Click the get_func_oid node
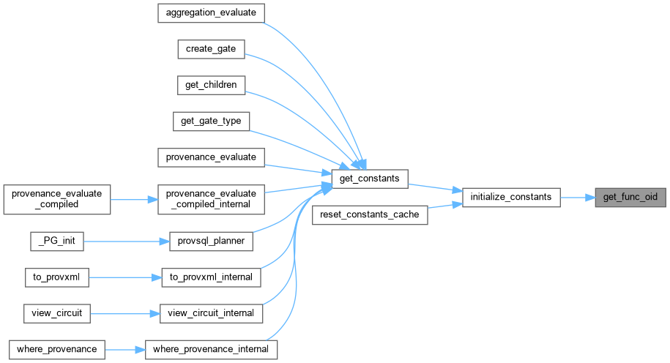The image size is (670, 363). (x=630, y=197)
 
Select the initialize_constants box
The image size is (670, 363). (x=511, y=197)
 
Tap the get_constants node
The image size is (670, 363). (x=369, y=179)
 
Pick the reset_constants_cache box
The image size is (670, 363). (x=370, y=215)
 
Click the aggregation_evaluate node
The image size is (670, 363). (x=211, y=13)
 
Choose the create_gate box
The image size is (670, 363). (x=211, y=49)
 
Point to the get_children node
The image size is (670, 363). (x=211, y=85)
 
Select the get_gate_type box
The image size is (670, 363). (x=211, y=121)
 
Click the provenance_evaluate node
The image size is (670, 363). (x=211, y=157)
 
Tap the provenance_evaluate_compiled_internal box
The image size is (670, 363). (x=211, y=198)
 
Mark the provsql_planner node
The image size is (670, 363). (x=211, y=241)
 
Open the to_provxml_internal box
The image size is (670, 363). (x=211, y=277)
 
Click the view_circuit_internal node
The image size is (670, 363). (x=211, y=313)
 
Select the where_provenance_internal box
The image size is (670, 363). (x=211, y=349)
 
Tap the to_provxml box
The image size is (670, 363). (x=57, y=277)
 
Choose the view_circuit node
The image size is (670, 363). (x=57, y=313)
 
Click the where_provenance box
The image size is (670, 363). (x=57, y=349)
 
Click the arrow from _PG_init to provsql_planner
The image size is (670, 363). (x=124, y=241)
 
